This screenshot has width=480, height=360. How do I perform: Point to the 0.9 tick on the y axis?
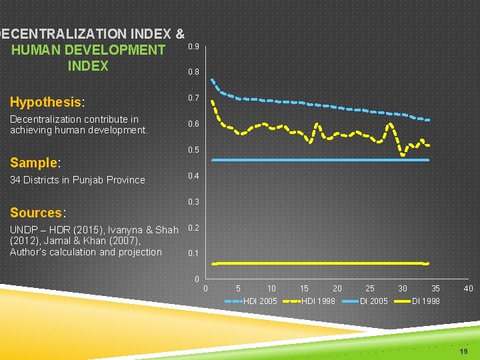[193, 47]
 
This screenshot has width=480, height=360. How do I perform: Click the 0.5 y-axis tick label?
[193, 150]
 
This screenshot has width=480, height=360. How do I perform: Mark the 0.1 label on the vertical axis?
[193, 253]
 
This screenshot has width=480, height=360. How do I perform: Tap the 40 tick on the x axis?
[468, 289]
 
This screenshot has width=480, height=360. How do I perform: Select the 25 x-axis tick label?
[370, 289]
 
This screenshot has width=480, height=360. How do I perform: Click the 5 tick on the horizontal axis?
[239, 289]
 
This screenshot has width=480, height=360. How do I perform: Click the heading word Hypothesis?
[45, 102]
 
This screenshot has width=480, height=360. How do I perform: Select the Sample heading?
[34, 163]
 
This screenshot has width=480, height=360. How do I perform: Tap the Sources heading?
[36, 213]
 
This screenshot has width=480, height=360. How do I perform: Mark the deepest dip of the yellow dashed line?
[403, 155]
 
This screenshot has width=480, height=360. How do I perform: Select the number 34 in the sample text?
[15, 180]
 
